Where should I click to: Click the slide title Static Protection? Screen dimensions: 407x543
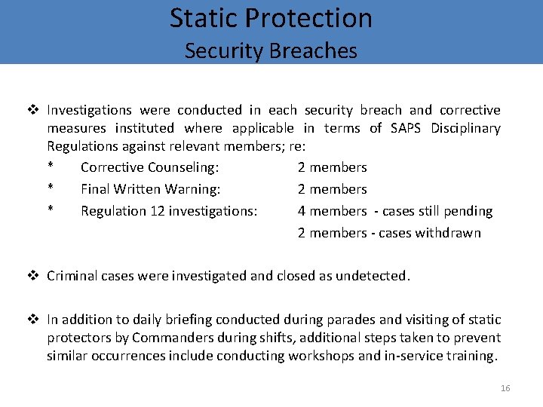[x=271, y=18]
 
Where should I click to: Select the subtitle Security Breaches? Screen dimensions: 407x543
[x=271, y=50]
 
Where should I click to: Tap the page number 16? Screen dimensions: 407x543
[x=505, y=388]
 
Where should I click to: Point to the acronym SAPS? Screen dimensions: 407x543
[x=406, y=128]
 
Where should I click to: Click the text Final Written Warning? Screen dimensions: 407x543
[x=150, y=189]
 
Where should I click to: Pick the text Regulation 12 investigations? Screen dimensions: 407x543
[x=168, y=211]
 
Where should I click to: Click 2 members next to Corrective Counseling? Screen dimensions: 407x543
[x=332, y=167]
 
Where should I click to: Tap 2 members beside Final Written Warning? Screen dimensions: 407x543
[x=332, y=189]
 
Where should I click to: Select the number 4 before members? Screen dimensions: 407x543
[x=302, y=211]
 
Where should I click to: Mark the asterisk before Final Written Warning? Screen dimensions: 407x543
[x=51, y=189]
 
